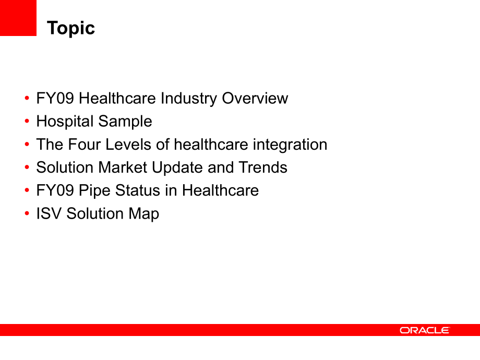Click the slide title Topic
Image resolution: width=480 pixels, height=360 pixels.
click(x=71, y=29)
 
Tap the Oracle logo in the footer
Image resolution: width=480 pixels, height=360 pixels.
click(x=425, y=330)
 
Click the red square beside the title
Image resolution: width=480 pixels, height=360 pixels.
click(x=18, y=18)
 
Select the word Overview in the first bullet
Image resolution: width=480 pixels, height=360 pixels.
click(x=255, y=98)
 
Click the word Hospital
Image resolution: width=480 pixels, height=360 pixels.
click(x=65, y=122)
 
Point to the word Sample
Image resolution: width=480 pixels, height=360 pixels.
click(x=125, y=122)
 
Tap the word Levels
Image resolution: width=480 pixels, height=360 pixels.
click(x=128, y=145)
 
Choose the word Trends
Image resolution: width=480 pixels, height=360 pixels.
click(x=263, y=167)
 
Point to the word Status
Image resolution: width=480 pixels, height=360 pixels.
click(x=138, y=190)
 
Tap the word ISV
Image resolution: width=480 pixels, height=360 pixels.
click(x=49, y=214)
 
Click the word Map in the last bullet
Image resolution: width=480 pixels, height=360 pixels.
click(x=144, y=214)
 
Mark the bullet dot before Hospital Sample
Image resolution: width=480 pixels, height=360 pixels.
click(x=27, y=121)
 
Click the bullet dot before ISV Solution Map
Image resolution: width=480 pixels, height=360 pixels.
click(x=27, y=213)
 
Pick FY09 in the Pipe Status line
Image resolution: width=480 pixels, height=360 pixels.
click(x=55, y=190)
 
